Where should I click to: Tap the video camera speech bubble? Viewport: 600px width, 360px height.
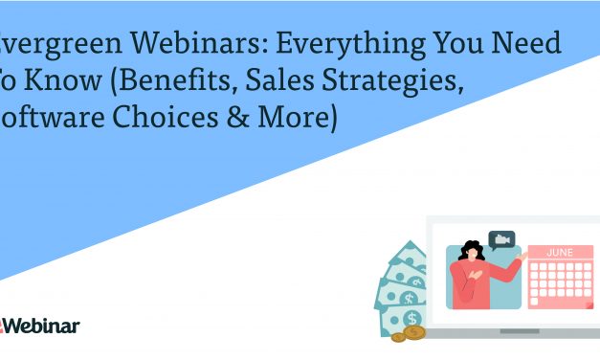(x=501, y=239)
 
